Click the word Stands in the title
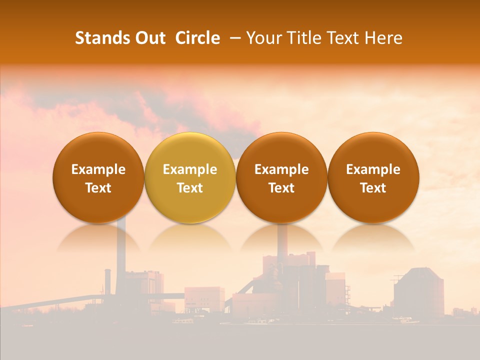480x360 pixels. (x=101, y=38)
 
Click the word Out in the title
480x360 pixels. (x=148, y=38)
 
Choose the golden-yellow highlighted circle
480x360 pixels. (x=190, y=178)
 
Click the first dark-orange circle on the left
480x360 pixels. (x=98, y=178)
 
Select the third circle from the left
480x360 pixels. (x=281, y=178)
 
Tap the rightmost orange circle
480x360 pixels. (x=373, y=178)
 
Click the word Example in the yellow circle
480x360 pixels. (x=190, y=169)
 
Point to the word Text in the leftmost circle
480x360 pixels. (x=98, y=188)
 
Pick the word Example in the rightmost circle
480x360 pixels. (x=373, y=169)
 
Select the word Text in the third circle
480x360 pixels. (x=281, y=188)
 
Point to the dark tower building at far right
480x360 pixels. (x=418, y=292)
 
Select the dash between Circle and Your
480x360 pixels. (x=233, y=38)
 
